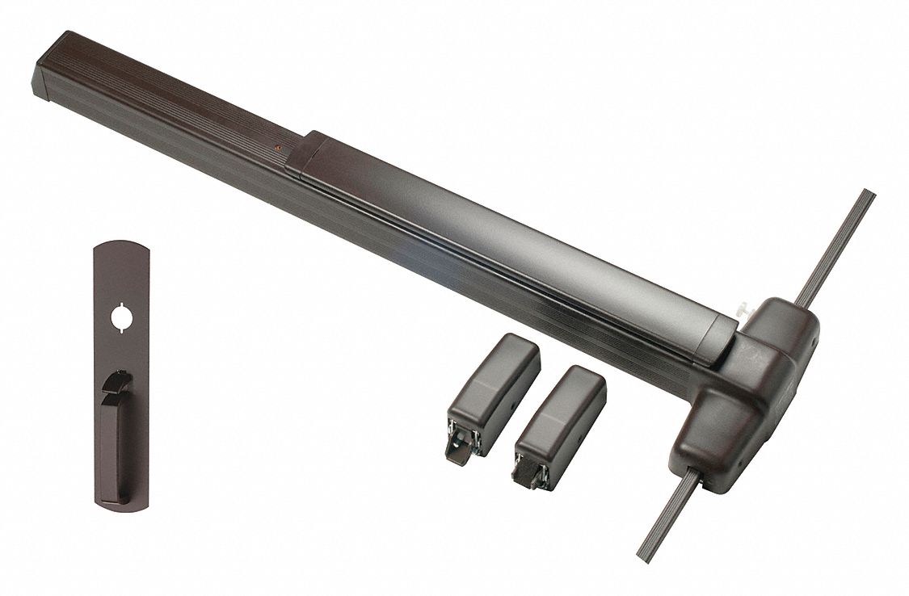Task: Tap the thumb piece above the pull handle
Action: point(120,378)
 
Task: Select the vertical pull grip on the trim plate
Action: point(118,436)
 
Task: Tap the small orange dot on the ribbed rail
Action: point(277,148)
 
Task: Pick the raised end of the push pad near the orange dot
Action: point(303,153)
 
